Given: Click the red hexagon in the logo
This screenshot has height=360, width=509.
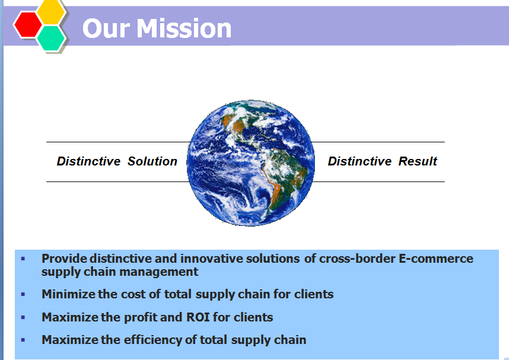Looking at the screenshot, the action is tap(28, 25).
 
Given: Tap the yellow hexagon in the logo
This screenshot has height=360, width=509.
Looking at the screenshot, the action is tap(50, 12).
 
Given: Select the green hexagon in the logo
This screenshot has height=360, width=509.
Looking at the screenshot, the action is tap(51, 38).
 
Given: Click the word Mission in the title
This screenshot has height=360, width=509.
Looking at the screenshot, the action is tap(184, 28).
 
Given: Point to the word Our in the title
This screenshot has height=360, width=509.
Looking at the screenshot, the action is tap(106, 28).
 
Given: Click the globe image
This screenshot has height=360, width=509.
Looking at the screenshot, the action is tap(250, 163).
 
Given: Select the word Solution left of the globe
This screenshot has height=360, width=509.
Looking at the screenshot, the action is tap(152, 161).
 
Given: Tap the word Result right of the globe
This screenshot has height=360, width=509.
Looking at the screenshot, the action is tap(418, 161).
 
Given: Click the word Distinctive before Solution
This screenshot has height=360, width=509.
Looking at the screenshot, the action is tap(88, 161).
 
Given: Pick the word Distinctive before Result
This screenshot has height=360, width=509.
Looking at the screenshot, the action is tap(360, 161).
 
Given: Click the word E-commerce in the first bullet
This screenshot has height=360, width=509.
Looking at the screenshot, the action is tap(435, 259).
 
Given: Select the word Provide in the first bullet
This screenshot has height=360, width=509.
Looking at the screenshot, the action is tap(64, 259).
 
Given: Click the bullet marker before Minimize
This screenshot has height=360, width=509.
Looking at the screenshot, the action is tap(23, 294).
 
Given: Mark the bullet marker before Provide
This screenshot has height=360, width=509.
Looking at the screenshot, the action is tap(23, 259).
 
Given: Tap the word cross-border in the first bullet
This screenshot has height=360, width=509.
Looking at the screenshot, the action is tap(357, 259).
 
